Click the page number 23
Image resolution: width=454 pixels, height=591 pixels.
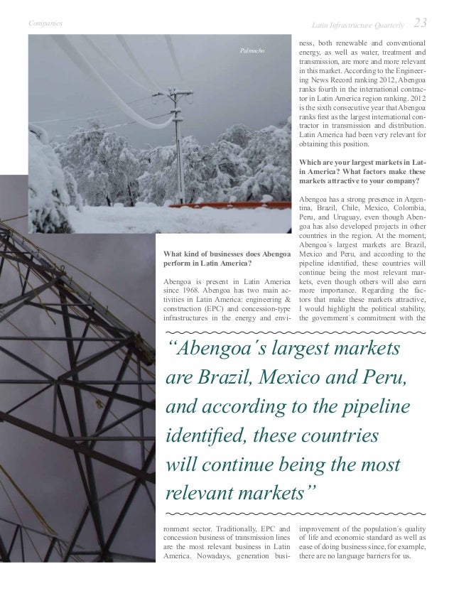coord(421,24)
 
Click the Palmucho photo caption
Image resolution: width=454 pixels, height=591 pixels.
coord(253,51)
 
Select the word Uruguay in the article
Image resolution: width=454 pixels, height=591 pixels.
coord(348,211)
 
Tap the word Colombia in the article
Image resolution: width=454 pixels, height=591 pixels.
coord(409,201)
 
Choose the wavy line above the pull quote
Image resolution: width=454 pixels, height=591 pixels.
coord(296,332)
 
